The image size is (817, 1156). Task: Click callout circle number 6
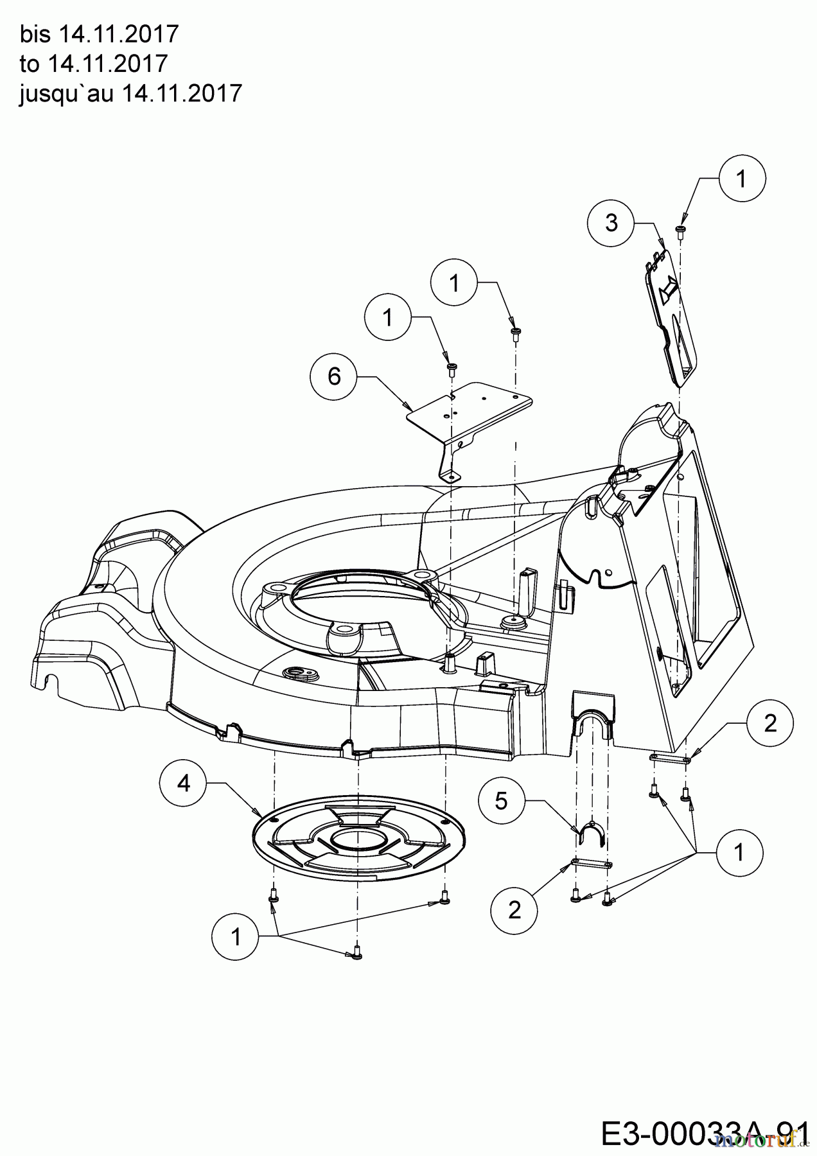(x=335, y=376)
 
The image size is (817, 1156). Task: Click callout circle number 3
(x=611, y=223)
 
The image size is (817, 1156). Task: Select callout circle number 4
(x=184, y=784)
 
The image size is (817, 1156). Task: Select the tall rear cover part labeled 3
(x=668, y=321)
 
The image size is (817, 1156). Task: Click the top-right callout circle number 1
(x=741, y=180)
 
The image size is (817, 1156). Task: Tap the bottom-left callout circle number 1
(x=236, y=937)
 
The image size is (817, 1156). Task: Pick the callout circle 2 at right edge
(x=770, y=724)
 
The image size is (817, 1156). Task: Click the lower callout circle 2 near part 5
(x=514, y=910)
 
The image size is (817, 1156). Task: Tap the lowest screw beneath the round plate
(x=357, y=954)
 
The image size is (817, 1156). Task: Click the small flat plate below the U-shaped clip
(x=592, y=863)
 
